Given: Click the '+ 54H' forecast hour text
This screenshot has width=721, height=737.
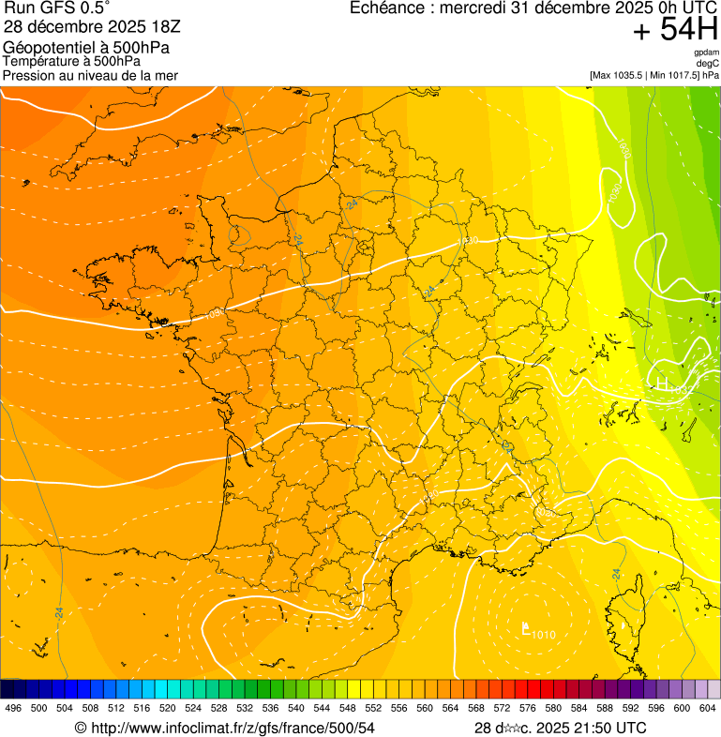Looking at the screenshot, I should click(674, 30).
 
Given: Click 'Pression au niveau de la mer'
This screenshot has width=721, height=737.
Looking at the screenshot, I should click(90, 75).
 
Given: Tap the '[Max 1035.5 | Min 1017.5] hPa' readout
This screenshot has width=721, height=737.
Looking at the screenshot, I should click(653, 75).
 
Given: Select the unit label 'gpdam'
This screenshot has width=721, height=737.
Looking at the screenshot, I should click(706, 53).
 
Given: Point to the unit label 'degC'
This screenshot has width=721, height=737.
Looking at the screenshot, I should click(708, 64).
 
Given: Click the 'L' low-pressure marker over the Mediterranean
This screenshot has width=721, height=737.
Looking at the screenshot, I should click(526, 629).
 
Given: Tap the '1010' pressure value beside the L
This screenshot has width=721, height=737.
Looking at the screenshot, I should click(544, 636).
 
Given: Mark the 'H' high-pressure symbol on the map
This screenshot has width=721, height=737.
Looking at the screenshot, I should click(663, 384).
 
